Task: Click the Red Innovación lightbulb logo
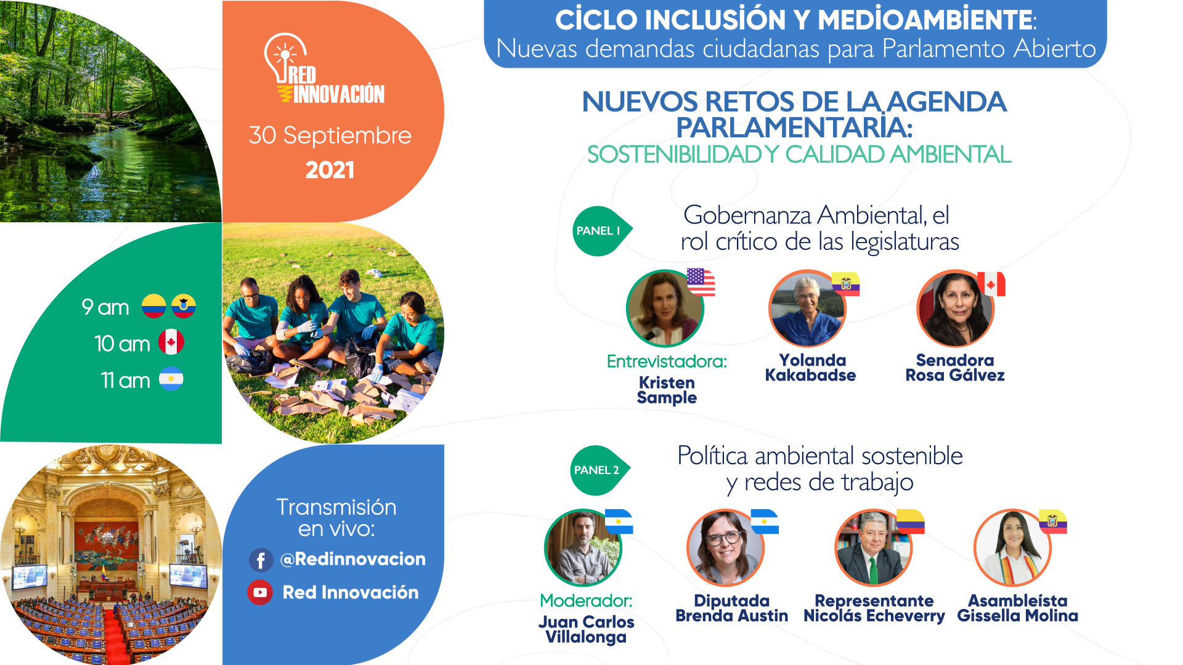324,68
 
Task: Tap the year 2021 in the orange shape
330,170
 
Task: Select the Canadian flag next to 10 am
171,342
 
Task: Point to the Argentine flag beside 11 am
171,379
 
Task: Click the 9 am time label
105,307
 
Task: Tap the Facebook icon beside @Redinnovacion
261,560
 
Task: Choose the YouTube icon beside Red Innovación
260,592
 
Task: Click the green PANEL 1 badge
601,231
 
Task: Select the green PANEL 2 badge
600,470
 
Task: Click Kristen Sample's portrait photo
665,308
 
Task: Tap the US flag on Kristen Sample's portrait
701,282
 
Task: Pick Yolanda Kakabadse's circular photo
808,308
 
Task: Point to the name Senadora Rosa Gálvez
955,368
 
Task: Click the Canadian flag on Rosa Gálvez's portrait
991,284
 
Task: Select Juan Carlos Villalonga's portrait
583,547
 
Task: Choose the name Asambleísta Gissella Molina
1018,608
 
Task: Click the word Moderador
586,600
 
